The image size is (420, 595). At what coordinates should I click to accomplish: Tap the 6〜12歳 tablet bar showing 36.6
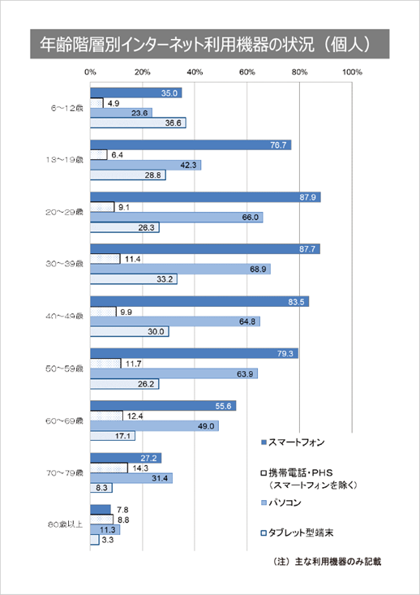coord(138,123)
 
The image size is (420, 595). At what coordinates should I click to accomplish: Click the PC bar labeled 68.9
coord(180,269)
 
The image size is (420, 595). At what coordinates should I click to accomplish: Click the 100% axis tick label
coord(352,73)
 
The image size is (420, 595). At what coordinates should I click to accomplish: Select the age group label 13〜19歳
coord(65,160)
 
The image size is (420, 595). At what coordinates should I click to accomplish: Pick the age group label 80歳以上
coord(65,524)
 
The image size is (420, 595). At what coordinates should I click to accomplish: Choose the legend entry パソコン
coord(291,502)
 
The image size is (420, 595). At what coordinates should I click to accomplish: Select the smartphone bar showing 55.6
coord(163,405)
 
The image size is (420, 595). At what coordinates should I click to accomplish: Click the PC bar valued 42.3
coord(145,165)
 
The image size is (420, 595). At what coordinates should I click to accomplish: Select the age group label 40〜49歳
coord(65,316)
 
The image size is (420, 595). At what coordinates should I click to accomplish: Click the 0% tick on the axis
coord(90,73)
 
